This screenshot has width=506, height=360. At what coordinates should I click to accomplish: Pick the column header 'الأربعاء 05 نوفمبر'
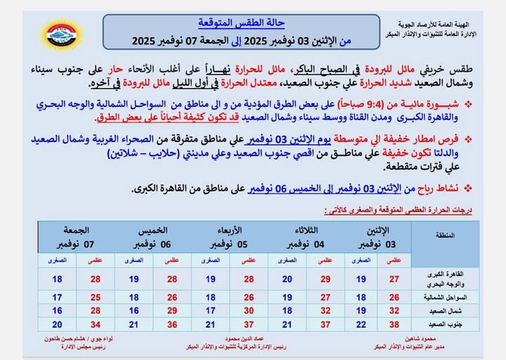point(228,237)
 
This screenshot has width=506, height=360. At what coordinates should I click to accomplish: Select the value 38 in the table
point(394,323)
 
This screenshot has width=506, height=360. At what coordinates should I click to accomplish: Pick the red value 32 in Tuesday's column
point(325,310)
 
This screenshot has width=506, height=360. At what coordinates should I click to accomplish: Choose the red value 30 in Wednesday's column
point(248,310)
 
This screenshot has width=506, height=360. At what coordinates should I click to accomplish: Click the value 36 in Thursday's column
point(171,323)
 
